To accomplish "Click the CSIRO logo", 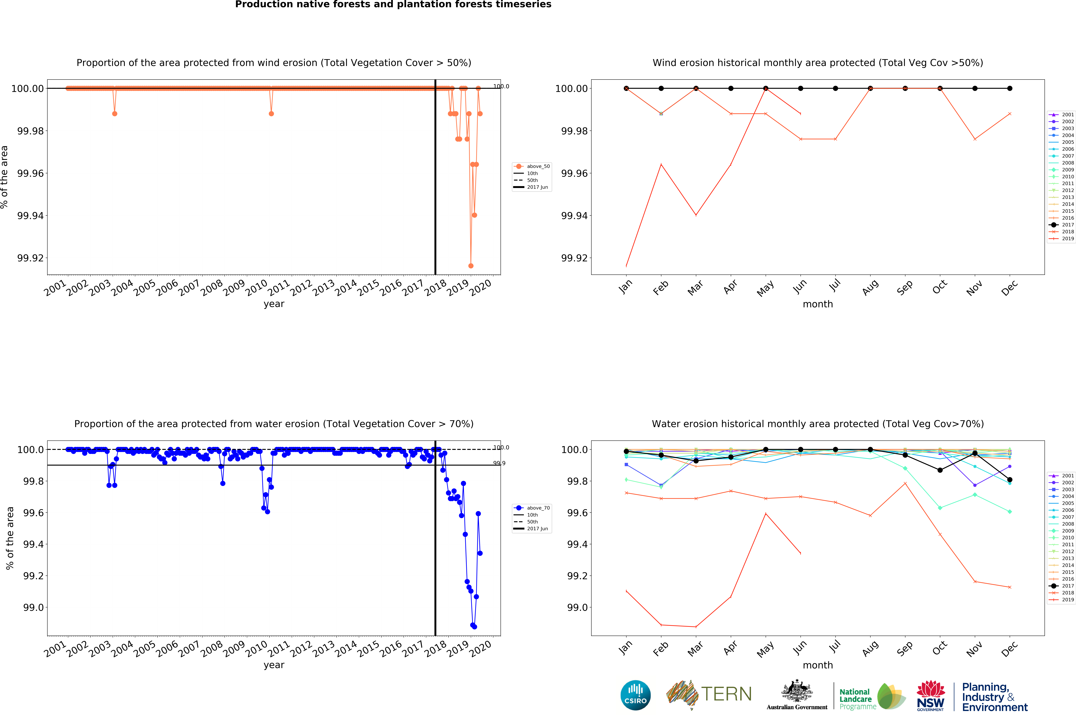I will click(x=635, y=695).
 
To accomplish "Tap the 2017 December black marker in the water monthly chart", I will click(x=1010, y=480).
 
